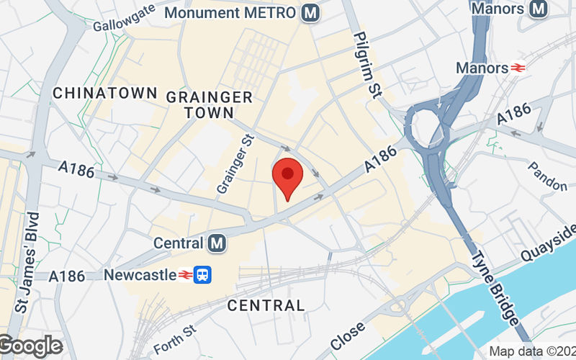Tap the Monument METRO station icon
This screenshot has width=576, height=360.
coord(311,13)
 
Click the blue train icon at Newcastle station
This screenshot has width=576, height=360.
coord(205,274)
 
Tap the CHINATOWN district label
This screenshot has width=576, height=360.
coord(105,93)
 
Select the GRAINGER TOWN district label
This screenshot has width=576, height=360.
coord(209,105)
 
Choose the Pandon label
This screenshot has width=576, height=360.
coord(547,177)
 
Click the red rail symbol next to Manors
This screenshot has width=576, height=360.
coord(518,68)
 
